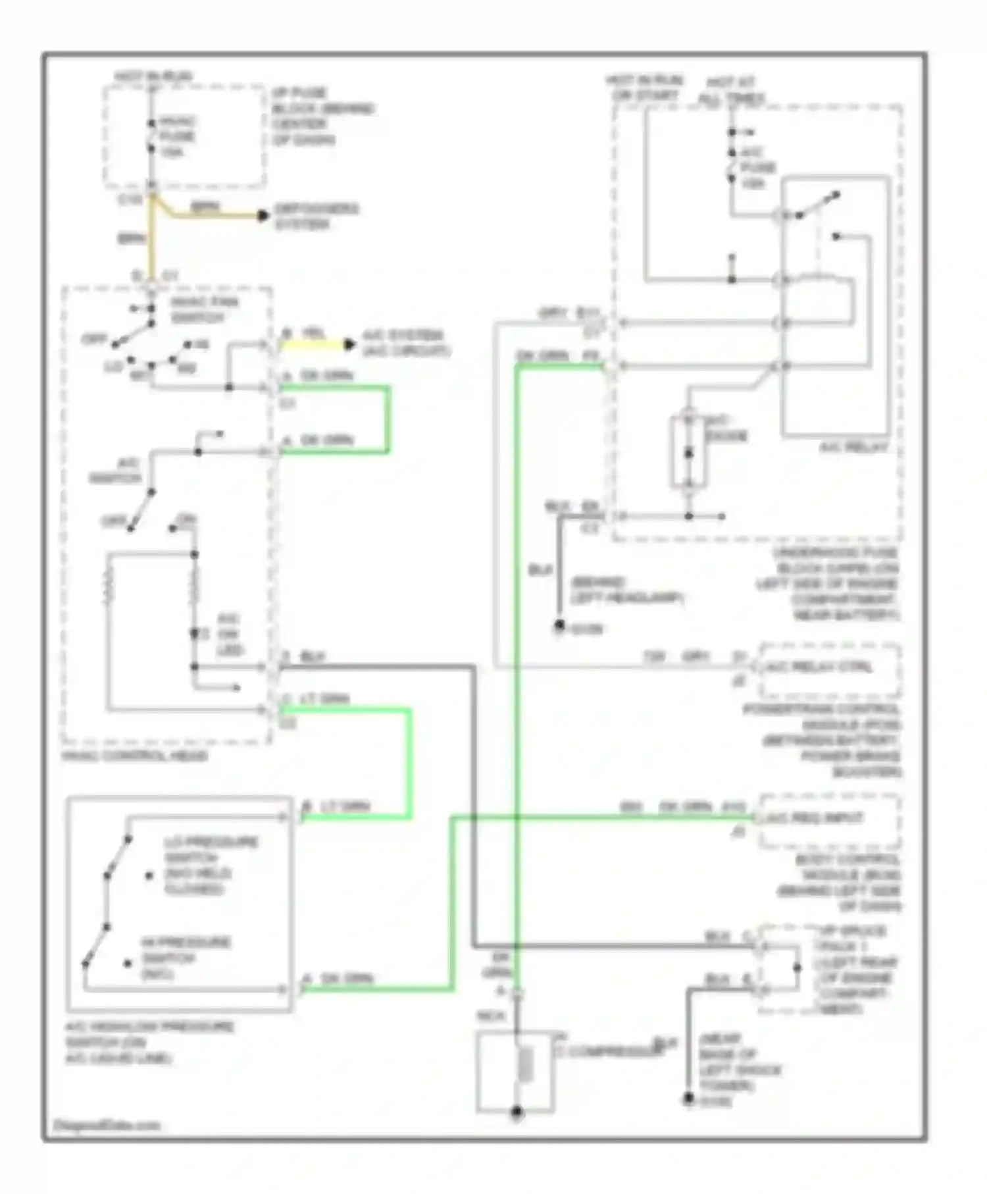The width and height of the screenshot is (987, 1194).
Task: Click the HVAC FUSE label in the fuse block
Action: pyautogui.click(x=176, y=136)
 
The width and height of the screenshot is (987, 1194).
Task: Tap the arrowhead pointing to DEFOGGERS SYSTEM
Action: pyautogui.click(x=263, y=215)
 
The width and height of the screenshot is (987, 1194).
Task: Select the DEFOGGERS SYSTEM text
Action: pyautogui.click(x=316, y=217)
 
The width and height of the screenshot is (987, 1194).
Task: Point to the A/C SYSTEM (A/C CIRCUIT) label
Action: pyautogui.click(x=406, y=343)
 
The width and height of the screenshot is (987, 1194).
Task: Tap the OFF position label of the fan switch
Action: pyautogui.click(x=94, y=340)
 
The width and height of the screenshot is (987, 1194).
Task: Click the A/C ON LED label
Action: pyautogui.click(x=229, y=635)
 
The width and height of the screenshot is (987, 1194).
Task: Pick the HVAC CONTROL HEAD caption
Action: pyautogui.click(x=135, y=756)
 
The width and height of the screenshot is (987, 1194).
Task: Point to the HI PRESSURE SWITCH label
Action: pyautogui.click(x=186, y=958)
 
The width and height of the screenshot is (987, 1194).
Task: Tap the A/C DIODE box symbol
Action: pyautogui.click(x=688, y=453)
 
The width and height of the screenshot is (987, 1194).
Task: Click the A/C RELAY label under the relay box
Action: pyautogui.click(x=853, y=448)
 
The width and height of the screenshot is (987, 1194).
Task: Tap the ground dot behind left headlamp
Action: pyautogui.click(x=559, y=625)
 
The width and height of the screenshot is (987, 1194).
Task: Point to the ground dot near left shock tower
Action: pyautogui.click(x=688, y=1099)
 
